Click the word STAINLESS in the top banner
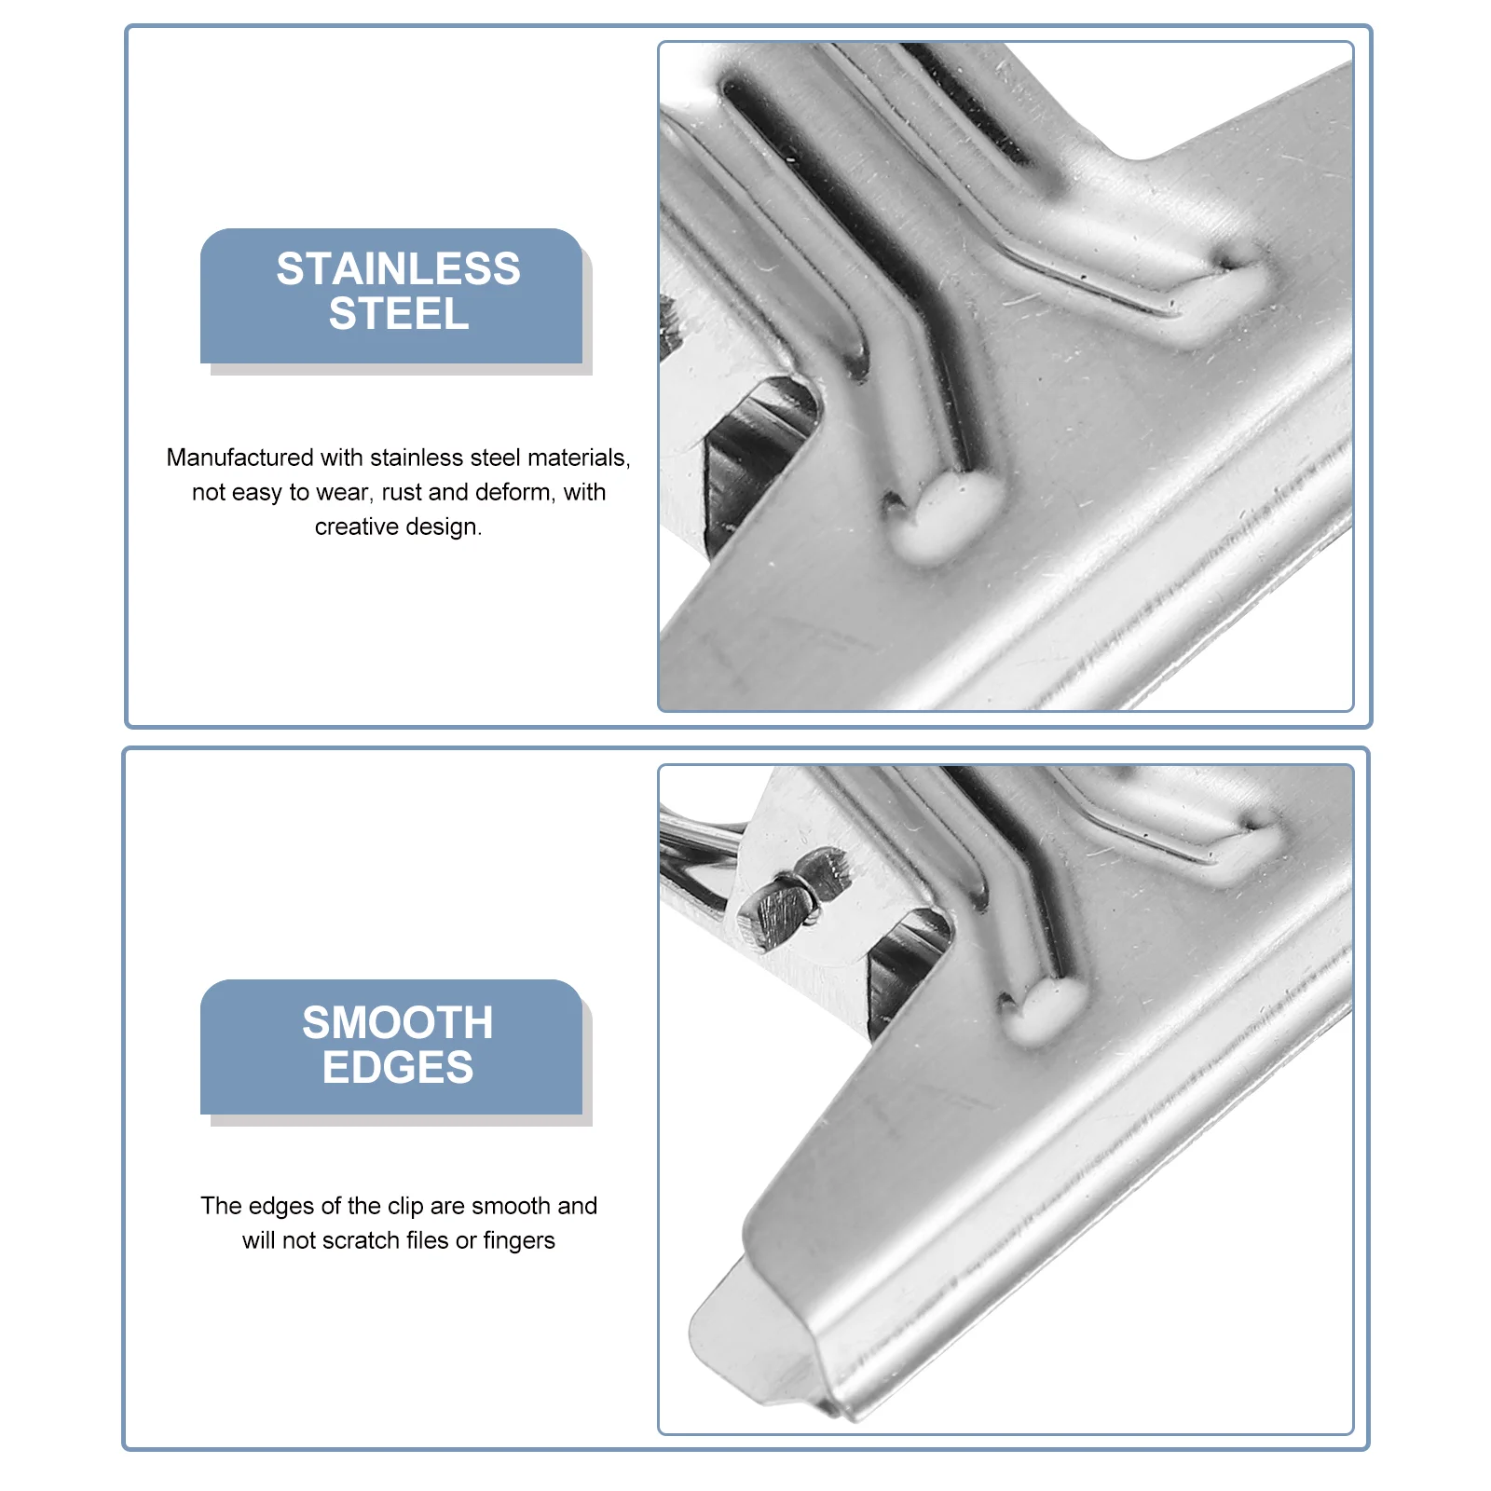click(x=398, y=269)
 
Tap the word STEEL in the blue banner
click(x=398, y=314)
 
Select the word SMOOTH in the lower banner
click(x=398, y=1023)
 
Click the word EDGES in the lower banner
click(x=398, y=1068)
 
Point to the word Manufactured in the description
click(x=239, y=458)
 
